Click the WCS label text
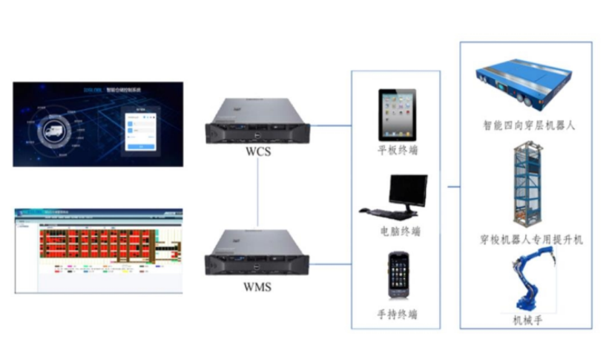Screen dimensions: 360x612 point(257,155)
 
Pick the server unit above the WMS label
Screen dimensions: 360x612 point(257,252)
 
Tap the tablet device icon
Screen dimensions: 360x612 point(397,115)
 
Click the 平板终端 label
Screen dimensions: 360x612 point(398,151)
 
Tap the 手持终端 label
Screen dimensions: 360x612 point(398,314)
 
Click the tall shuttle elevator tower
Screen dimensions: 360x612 point(526,185)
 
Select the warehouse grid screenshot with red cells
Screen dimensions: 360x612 point(99,250)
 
